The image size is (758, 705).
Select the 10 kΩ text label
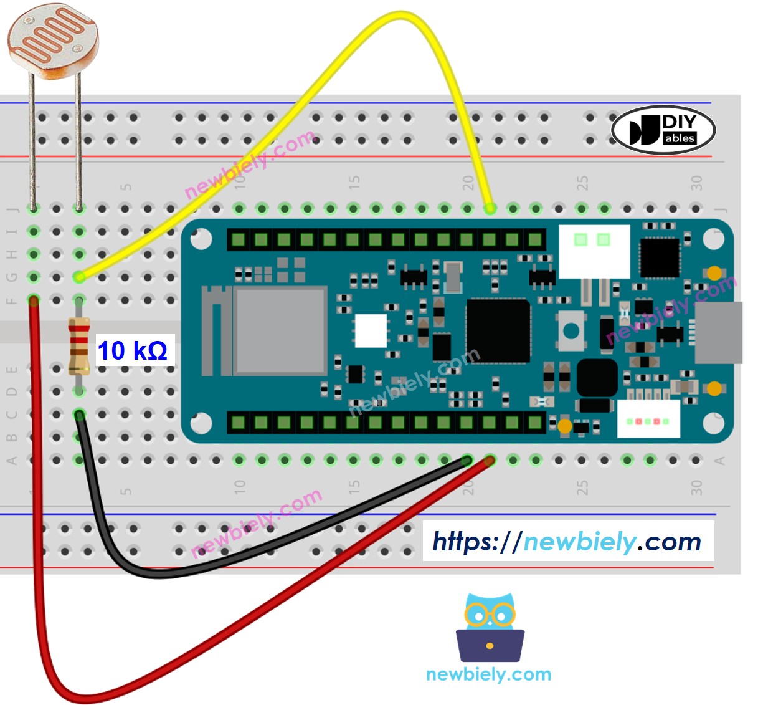(132, 351)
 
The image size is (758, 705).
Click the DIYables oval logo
(663, 130)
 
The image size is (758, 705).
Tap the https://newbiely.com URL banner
(567, 541)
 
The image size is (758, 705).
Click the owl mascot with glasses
(490, 626)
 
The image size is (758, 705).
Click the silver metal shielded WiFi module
(281, 331)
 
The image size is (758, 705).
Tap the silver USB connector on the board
(718, 332)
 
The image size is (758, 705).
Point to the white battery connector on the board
(594, 251)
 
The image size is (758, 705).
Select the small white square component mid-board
(370, 330)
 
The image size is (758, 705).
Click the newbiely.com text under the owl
(489, 674)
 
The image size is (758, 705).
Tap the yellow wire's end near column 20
(490, 208)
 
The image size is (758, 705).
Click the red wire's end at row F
(34, 301)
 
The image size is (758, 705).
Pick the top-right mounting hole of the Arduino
(713, 239)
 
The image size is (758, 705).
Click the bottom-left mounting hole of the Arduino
(201, 423)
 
